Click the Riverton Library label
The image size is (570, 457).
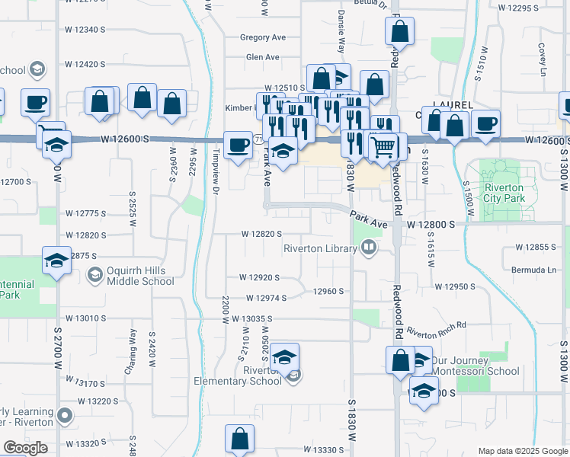(320, 248)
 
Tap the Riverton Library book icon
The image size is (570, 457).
(369, 247)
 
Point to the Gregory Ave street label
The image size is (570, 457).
(262, 37)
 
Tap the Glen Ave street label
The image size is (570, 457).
(263, 57)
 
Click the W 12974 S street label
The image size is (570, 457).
(261, 299)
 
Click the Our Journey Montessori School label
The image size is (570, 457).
(476, 366)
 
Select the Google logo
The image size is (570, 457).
(25, 448)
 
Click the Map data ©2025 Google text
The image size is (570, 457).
(522, 451)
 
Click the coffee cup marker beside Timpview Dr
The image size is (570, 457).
(239, 145)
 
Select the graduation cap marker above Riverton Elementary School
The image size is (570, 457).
(283, 357)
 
